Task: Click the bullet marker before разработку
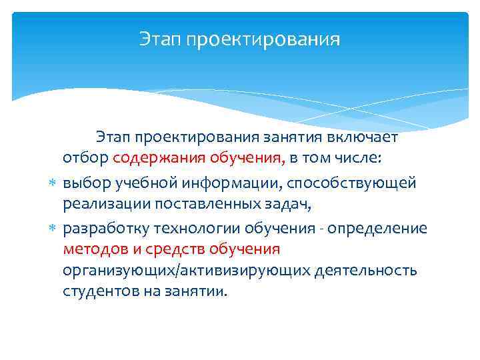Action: (x=53, y=228)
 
